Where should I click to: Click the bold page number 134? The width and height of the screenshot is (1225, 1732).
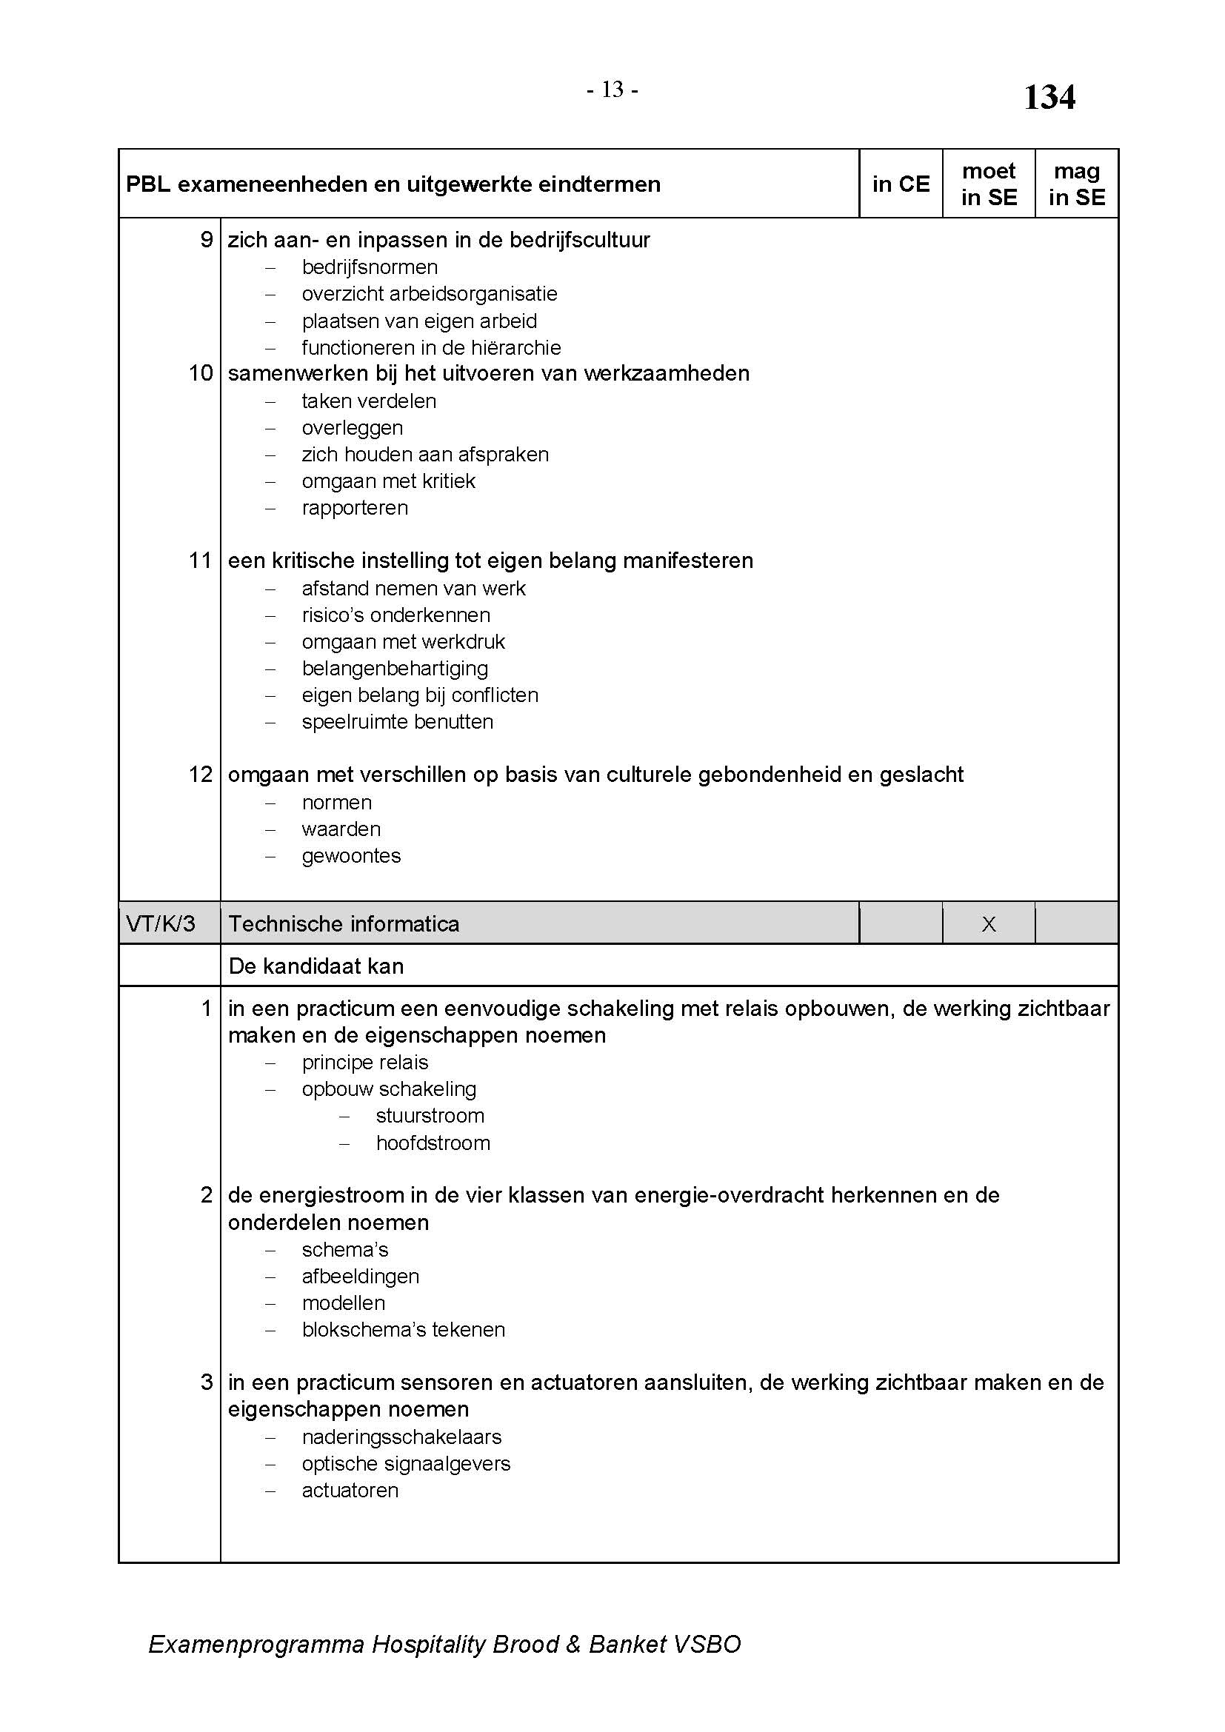point(1049,97)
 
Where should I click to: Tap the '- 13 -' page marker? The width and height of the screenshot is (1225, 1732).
point(612,90)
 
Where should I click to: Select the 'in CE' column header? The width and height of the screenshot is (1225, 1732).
point(901,184)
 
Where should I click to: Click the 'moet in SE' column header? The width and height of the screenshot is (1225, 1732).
point(988,184)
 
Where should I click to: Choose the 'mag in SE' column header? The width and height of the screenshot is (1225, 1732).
point(1076,184)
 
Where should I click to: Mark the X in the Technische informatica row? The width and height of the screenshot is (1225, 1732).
point(988,924)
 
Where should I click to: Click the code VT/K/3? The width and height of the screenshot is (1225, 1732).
point(161,924)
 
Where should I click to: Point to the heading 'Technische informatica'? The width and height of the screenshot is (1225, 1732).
point(344,924)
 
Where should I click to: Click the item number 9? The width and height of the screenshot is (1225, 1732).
point(206,240)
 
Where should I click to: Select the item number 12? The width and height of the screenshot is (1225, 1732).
point(201,775)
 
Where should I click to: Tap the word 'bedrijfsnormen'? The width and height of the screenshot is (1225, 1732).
point(370,267)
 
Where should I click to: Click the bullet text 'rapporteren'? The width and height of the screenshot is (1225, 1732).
point(355,508)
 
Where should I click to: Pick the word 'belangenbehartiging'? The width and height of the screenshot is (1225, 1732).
point(395,669)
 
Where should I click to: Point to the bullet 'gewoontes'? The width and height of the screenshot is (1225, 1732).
point(351,856)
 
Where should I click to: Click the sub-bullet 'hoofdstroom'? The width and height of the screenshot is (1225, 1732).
point(433,1143)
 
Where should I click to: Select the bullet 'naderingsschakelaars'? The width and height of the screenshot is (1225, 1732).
point(401,1437)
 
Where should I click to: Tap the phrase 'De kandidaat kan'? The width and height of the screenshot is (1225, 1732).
point(316,966)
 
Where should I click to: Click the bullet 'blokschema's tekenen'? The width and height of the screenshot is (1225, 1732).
point(403,1330)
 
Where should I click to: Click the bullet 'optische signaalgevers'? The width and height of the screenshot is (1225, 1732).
point(406,1464)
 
